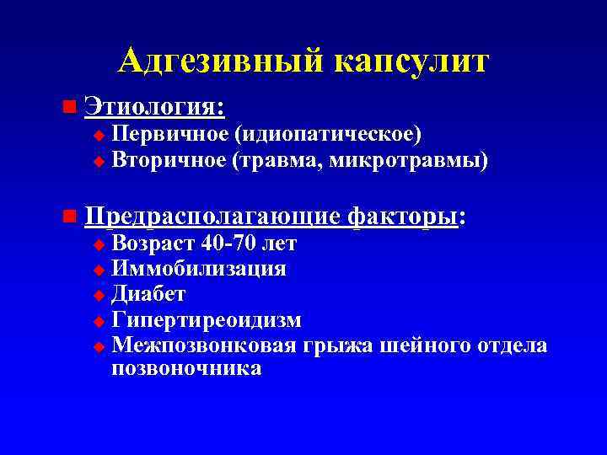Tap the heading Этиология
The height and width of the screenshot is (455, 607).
(x=154, y=108)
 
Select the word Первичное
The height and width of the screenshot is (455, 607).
(x=169, y=134)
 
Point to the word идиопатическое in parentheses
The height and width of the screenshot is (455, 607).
(x=329, y=134)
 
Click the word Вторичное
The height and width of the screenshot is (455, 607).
(x=169, y=159)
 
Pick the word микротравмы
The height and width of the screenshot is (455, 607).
(x=412, y=159)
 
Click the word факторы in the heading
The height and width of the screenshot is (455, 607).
(x=403, y=217)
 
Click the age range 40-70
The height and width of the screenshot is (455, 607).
(x=233, y=245)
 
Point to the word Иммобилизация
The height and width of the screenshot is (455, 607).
(x=199, y=270)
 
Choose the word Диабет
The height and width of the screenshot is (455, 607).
(x=148, y=295)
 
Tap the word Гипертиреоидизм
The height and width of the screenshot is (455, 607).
(x=207, y=320)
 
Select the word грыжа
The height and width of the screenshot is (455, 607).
(x=344, y=345)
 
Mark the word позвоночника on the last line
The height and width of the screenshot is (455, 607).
(x=186, y=369)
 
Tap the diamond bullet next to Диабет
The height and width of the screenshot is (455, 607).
(x=99, y=296)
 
